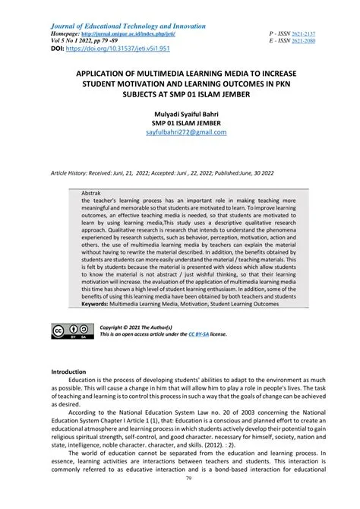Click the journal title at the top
coord(128,26)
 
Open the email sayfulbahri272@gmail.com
coord(180,131)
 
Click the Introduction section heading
coord(68,393)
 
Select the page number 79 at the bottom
coord(180,501)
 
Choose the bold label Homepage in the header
coord(67,34)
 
